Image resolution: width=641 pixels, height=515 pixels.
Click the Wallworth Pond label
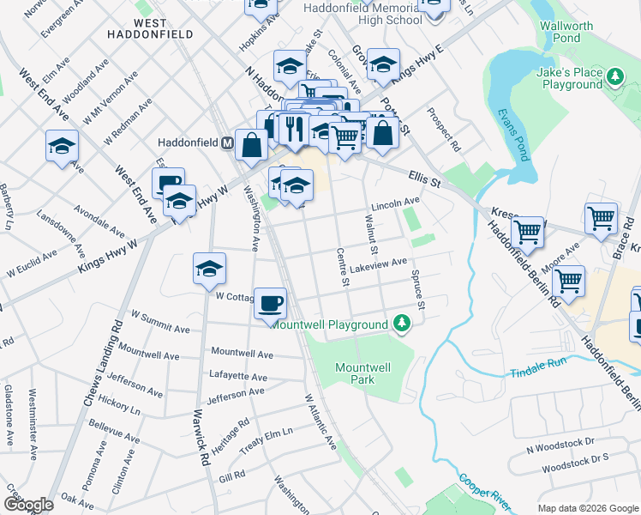tap(566, 33)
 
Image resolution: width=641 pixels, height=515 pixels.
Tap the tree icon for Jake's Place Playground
tap(614, 78)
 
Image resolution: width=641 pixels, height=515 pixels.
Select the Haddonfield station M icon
tap(228, 142)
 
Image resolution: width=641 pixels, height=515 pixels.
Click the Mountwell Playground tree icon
tap(400, 324)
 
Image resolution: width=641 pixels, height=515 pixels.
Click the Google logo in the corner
tap(28, 504)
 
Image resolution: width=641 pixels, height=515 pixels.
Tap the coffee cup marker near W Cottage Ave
tap(271, 303)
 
